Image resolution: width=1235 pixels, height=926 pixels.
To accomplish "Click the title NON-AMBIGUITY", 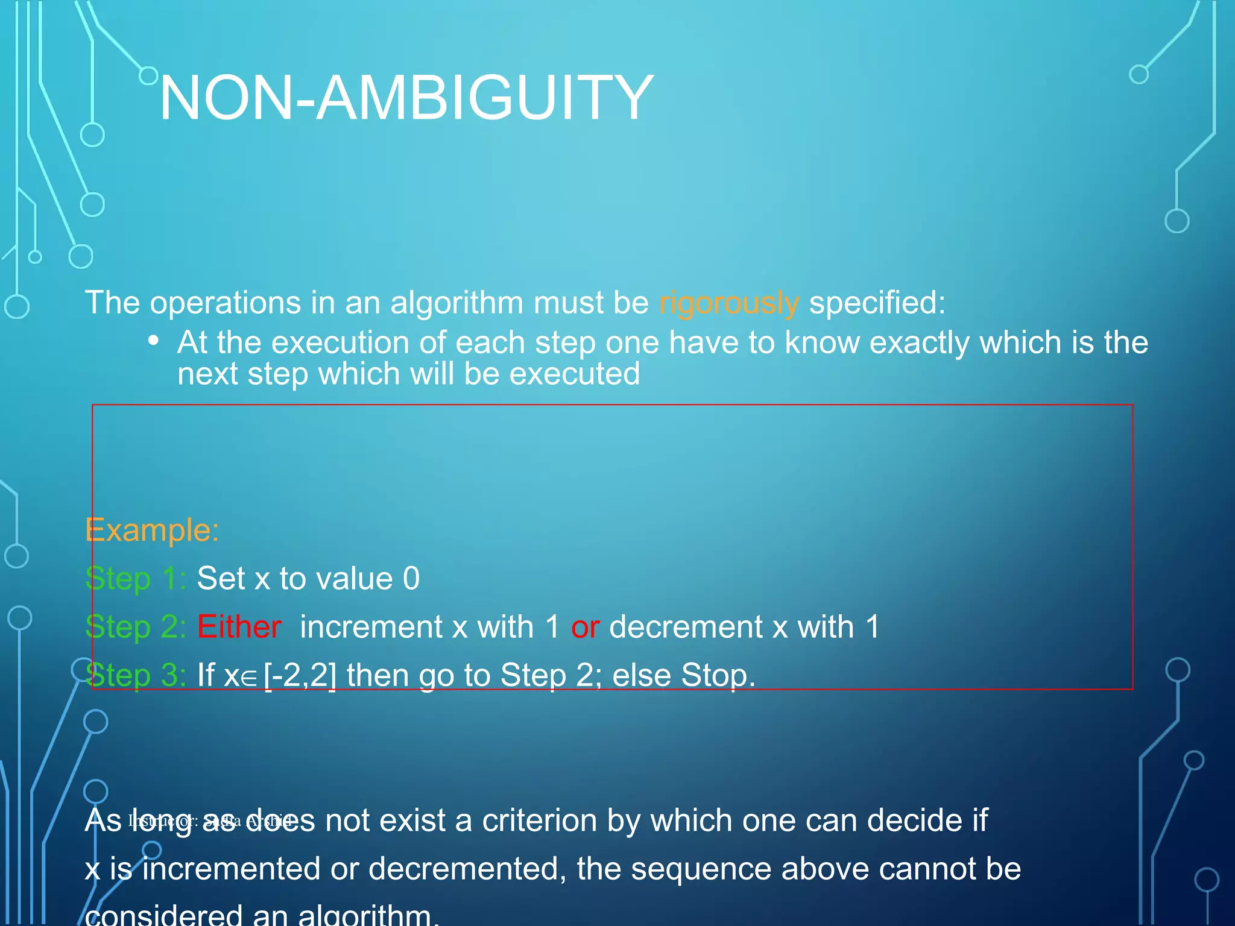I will click(x=406, y=98).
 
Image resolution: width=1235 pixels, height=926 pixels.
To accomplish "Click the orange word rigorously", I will click(x=728, y=303).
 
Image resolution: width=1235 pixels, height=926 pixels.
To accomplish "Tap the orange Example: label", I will click(x=152, y=531).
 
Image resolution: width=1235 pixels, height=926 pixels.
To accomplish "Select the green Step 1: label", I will click(x=136, y=579).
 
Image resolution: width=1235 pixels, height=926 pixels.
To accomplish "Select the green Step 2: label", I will click(x=136, y=627).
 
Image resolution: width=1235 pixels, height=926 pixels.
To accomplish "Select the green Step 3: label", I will click(x=136, y=675).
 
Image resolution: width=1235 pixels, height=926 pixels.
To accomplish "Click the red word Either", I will click(x=239, y=627).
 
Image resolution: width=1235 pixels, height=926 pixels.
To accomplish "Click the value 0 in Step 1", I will click(x=411, y=579).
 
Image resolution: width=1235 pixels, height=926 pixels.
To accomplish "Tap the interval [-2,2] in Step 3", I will click(x=300, y=675).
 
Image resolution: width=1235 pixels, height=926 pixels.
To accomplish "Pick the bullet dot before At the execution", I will click(x=154, y=341).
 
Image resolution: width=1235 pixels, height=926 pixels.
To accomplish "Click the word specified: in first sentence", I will click(x=877, y=303).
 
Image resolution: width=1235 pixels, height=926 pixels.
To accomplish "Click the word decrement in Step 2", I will click(x=686, y=627).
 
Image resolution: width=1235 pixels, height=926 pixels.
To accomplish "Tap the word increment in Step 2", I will click(x=371, y=627).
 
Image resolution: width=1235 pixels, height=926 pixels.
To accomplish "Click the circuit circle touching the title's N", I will click(x=148, y=75).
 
